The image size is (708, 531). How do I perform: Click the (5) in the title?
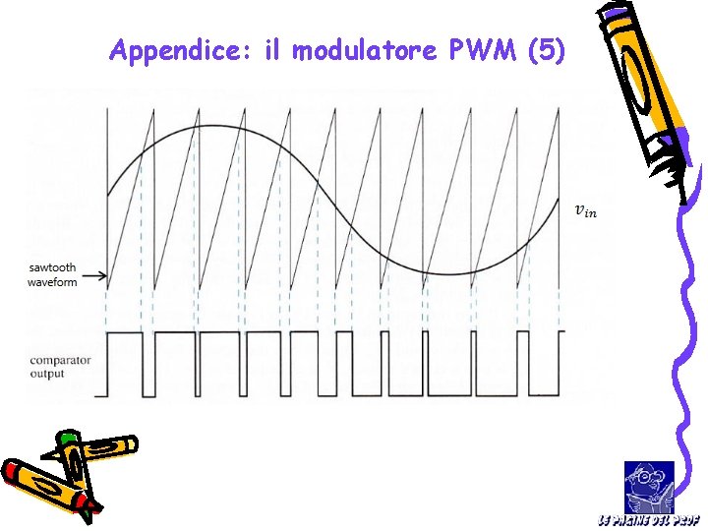(x=546, y=50)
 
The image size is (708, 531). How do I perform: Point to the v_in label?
(x=585, y=209)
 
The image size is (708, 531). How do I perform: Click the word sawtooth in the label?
(x=52, y=266)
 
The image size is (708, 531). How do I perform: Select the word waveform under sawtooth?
(x=52, y=280)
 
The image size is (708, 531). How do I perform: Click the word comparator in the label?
(x=61, y=361)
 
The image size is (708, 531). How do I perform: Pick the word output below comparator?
(x=46, y=374)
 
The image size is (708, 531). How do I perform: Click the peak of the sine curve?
(x=202, y=125)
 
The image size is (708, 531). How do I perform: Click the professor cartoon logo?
(x=649, y=486)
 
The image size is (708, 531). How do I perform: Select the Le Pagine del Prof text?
(x=649, y=519)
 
